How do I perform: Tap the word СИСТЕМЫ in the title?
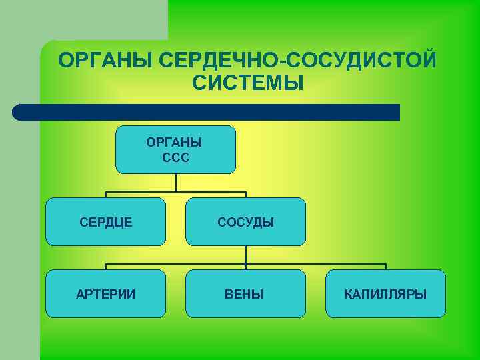pos(247,83)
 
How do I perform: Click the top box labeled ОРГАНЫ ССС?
pos(175,149)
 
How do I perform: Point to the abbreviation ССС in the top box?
pos(176,159)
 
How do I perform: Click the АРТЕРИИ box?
pos(105,293)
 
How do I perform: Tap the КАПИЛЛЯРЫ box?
pos(385,293)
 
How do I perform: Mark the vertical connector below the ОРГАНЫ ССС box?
pos(176,183)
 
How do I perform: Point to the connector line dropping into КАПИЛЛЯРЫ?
pos(385,267)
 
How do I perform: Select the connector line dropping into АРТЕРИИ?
pos(106,267)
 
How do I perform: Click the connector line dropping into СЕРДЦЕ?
pos(106,195)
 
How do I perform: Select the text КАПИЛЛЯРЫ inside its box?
pos(385,294)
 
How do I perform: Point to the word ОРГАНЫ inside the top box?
pos(176,143)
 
